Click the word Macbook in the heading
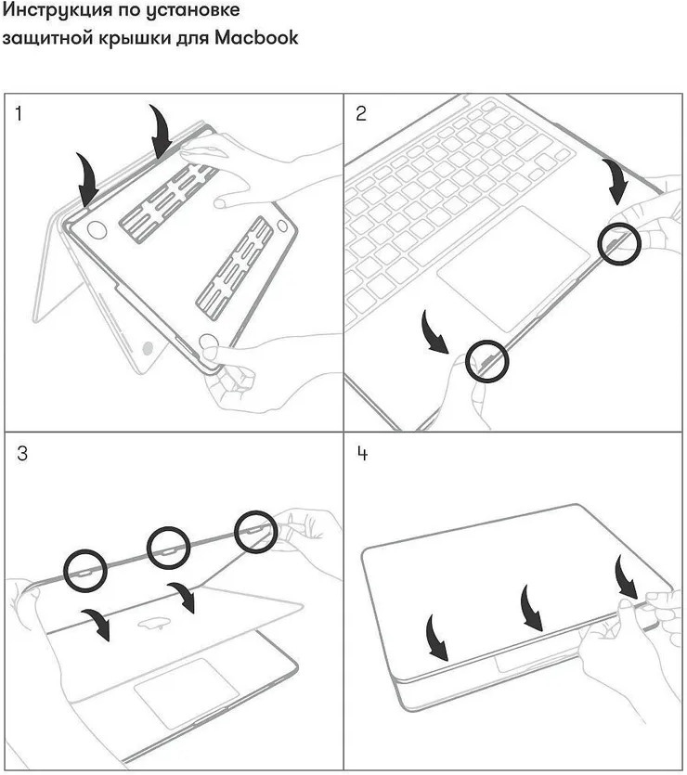pyautogui.click(x=256, y=39)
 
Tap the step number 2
pyautogui.click(x=361, y=114)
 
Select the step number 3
pyautogui.click(x=20, y=455)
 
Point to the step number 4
pyautogui.click(x=362, y=455)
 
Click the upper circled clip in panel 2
pyautogui.click(x=617, y=244)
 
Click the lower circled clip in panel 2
pyautogui.click(x=486, y=359)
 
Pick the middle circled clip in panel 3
pyautogui.click(x=169, y=548)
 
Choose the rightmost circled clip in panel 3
pyautogui.click(x=255, y=532)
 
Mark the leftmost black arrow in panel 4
pyautogui.click(x=434, y=637)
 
